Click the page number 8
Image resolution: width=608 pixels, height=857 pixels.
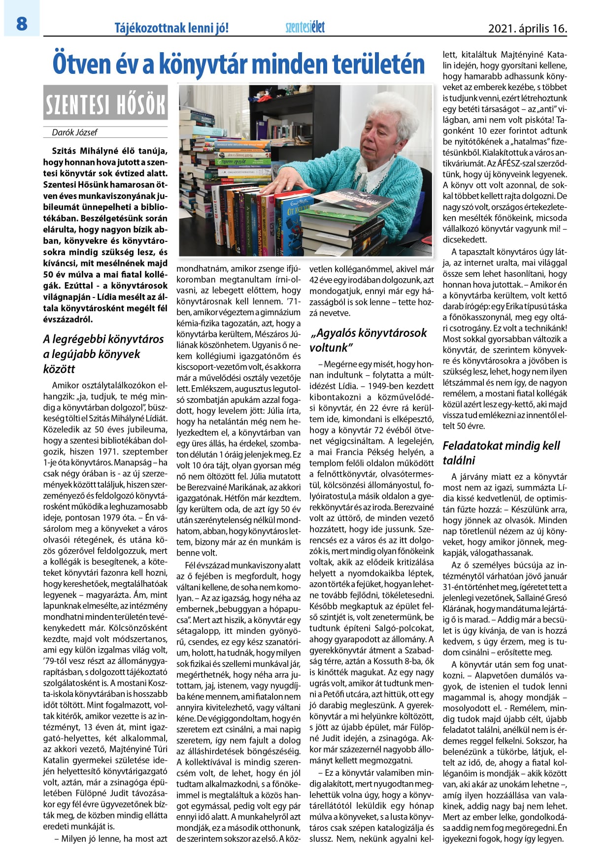tap(21, 24)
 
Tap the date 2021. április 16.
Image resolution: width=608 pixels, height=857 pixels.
tap(527, 29)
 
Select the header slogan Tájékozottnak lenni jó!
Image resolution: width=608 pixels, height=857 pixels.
tap(171, 28)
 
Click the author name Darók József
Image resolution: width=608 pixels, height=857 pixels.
tap(74, 132)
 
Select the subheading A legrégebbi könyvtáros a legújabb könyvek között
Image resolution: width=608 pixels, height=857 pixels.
tap(103, 354)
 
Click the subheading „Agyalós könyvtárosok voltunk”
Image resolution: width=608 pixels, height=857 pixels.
tap(368, 340)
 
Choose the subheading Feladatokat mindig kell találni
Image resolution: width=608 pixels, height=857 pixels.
tap(501, 453)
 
